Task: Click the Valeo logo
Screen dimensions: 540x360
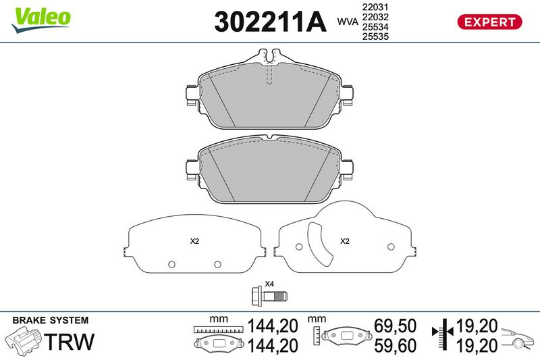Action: [x=41, y=20]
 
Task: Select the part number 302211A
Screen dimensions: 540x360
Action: [x=270, y=22]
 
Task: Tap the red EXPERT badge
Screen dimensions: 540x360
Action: [x=489, y=22]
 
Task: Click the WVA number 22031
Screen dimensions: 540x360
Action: [x=375, y=7]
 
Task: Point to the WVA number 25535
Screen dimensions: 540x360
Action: [x=375, y=36]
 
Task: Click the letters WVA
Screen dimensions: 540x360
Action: [x=348, y=22]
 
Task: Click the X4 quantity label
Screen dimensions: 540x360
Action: [x=269, y=284]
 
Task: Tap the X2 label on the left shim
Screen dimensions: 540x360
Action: [x=194, y=241]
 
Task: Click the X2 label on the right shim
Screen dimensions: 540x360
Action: [x=345, y=241]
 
